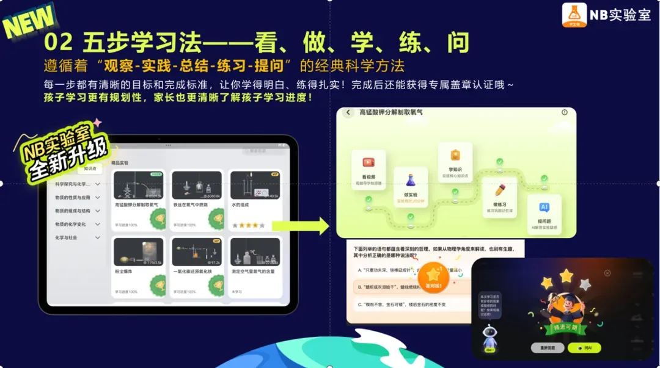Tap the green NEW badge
(x=29, y=23)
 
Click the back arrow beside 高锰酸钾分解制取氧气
(x=348, y=112)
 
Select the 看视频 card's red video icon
(x=369, y=163)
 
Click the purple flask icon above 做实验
(x=410, y=181)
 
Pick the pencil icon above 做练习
(x=500, y=190)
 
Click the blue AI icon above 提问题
(x=543, y=207)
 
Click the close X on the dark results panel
(x=607, y=273)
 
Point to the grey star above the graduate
(x=585, y=284)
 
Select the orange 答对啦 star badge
(x=435, y=278)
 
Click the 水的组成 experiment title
(x=242, y=205)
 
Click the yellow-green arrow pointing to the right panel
(x=301, y=225)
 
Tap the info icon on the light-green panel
(x=564, y=112)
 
